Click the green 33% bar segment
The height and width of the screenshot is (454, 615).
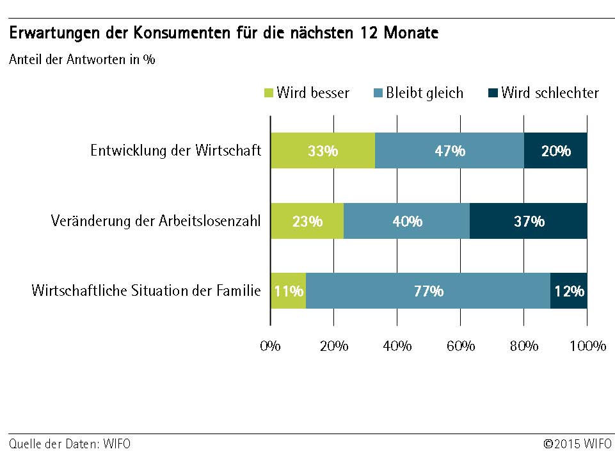point(323,150)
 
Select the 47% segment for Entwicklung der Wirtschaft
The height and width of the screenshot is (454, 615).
point(449,150)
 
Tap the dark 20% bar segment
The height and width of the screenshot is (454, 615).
point(555,150)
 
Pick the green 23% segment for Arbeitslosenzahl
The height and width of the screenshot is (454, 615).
point(307,221)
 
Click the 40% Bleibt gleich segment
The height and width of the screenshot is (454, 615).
point(407,221)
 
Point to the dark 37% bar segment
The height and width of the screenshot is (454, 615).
point(529,221)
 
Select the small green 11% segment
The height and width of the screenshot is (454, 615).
point(288,291)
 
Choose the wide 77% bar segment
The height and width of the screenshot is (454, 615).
point(428,291)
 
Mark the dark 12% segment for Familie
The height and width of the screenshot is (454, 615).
point(569,291)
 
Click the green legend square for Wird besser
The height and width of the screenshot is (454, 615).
point(269,93)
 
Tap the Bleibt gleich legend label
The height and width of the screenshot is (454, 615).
point(424,93)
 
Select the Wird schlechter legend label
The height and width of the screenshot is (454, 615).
point(550,93)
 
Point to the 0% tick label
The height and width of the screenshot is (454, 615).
point(270,346)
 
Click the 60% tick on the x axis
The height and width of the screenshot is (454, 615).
point(460,346)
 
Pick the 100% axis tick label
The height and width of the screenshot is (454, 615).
point(587,346)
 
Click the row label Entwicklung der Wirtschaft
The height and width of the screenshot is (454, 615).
point(175,150)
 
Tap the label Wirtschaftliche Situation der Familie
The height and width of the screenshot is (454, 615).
point(146,291)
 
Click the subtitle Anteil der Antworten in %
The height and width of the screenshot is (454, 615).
point(82,60)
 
